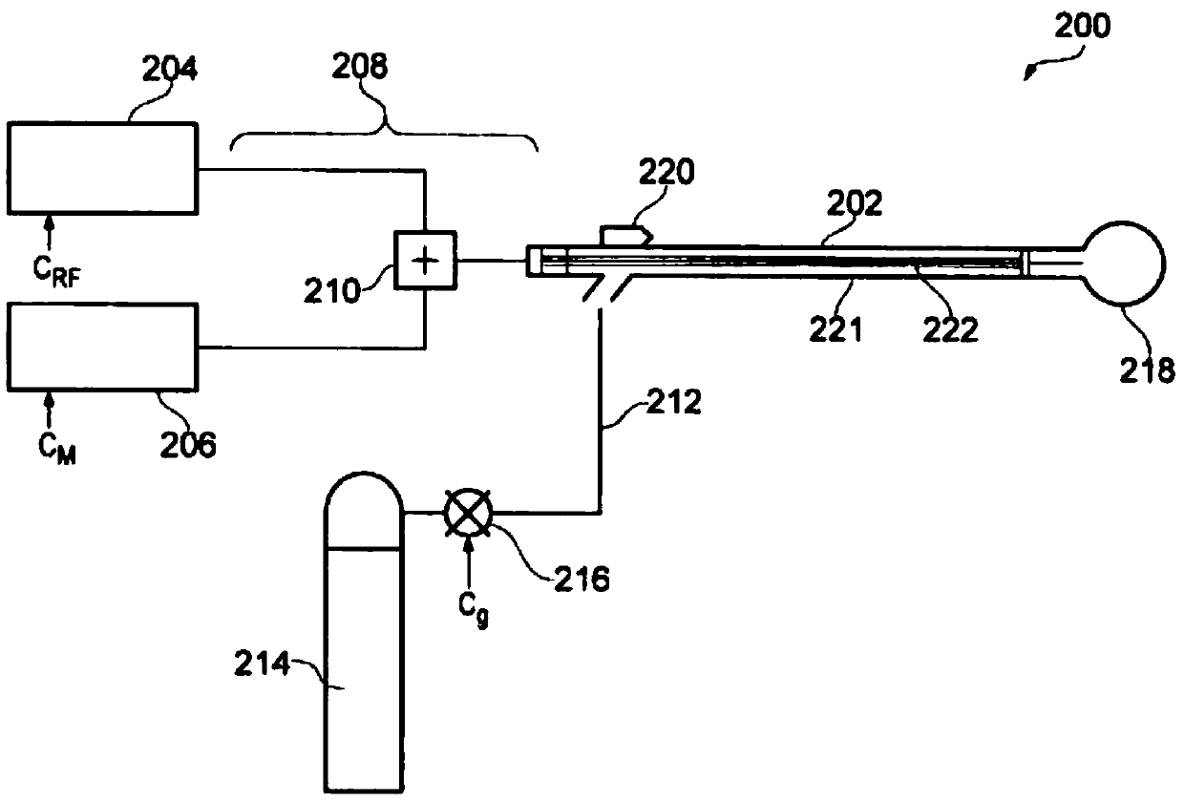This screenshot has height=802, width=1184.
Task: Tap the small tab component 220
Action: (x=626, y=234)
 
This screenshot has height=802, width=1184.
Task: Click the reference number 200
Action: (x=1082, y=27)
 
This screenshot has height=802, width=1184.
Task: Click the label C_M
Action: (x=53, y=449)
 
